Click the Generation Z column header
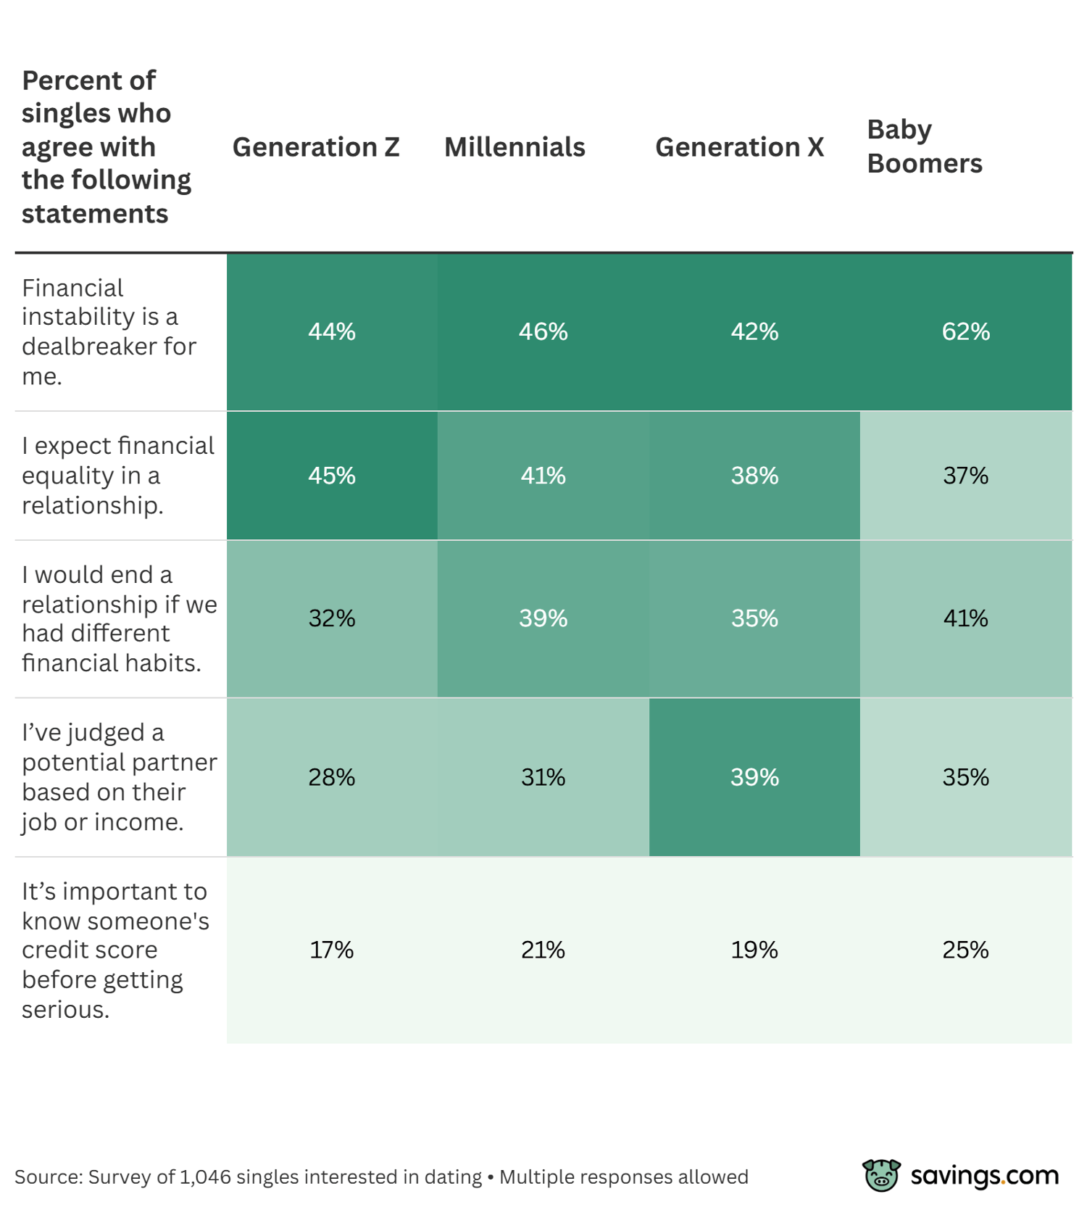(x=316, y=147)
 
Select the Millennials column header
(x=515, y=147)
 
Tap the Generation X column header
(x=739, y=147)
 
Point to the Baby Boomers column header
(x=924, y=146)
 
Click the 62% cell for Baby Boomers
(x=965, y=331)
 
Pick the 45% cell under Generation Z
(x=332, y=476)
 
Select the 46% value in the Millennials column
(x=543, y=331)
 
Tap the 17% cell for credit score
(x=332, y=950)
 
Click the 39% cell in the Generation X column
(x=754, y=777)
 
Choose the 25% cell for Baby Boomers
(x=965, y=950)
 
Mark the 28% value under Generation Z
(x=332, y=777)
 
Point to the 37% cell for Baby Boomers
(x=965, y=476)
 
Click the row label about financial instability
(x=109, y=331)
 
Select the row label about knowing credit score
(x=114, y=950)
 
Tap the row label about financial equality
(x=117, y=476)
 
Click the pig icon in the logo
(x=880, y=1175)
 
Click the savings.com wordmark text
(x=984, y=1175)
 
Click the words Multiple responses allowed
(x=623, y=1177)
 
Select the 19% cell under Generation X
(x=754, y=950)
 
